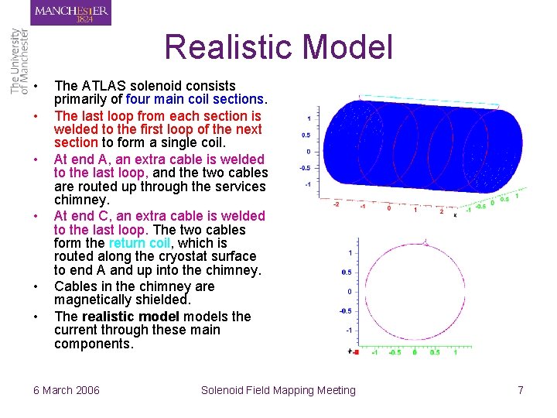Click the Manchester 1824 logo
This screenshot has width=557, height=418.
71,12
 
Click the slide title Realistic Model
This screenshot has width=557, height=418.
278,47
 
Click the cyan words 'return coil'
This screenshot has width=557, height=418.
140,243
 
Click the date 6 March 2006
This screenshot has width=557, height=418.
67,390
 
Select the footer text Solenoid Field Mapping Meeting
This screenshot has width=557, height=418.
278,390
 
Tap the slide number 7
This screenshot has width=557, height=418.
521,390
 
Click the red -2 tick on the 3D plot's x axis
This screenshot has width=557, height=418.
335,205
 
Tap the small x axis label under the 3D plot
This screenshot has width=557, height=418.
455,215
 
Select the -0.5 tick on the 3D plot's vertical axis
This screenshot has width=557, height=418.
305,167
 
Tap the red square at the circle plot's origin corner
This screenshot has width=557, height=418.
354,351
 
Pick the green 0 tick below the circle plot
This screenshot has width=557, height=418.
415,352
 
